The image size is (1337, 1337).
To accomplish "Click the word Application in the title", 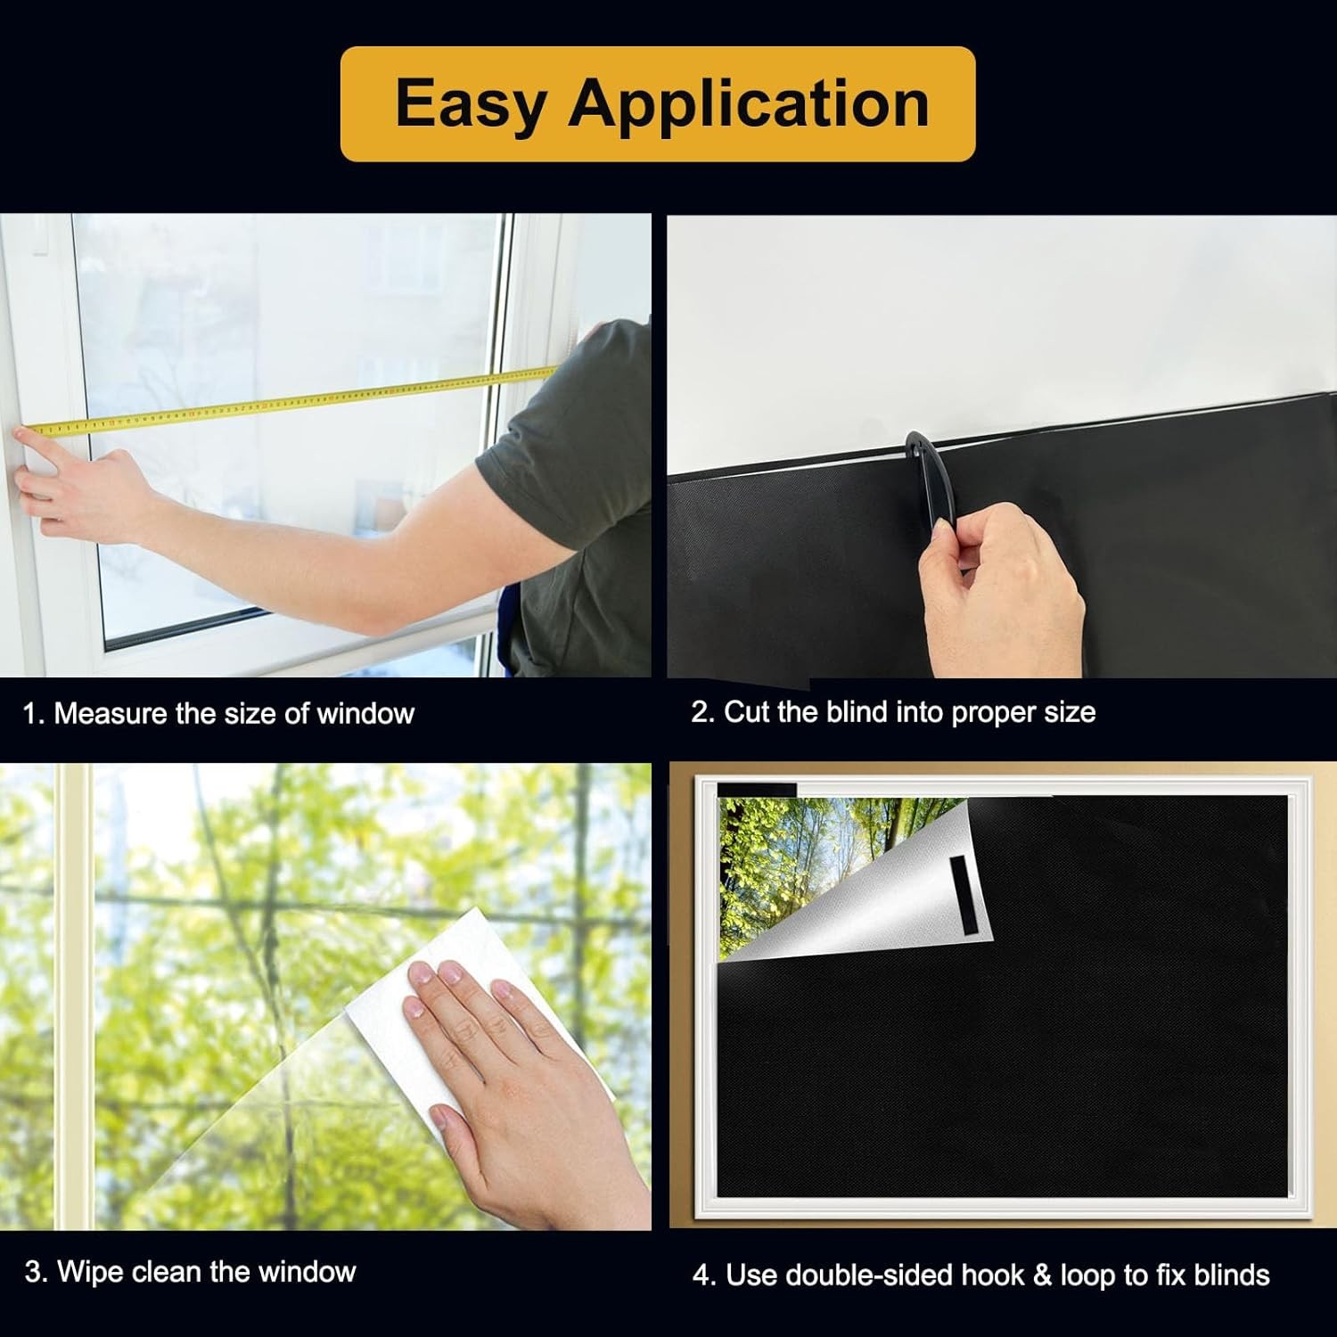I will pos(749,104).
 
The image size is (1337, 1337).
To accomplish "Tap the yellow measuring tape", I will pos(294,403).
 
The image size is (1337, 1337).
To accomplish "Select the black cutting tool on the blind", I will pos(923,481).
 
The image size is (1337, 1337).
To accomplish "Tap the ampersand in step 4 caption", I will pos(1042,1275).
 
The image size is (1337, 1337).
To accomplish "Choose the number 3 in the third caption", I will pos(33,1271).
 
